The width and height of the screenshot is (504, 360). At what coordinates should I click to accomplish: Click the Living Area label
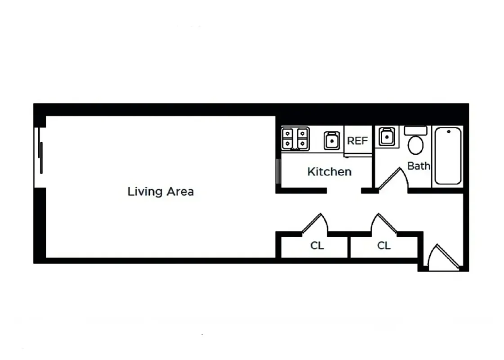[161, 192]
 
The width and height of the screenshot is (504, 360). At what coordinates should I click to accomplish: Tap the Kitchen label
[329, 172]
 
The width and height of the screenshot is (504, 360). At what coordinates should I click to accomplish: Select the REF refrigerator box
[357, 141]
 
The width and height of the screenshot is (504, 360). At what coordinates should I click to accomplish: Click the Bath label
[419, 166]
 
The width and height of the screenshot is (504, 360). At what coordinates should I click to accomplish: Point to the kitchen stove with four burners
[295, 139]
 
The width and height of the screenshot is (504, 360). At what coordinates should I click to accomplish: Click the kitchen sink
[332, 140]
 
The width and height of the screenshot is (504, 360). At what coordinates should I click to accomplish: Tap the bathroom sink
[387, 136]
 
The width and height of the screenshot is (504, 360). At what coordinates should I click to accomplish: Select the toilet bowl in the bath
[415, 145]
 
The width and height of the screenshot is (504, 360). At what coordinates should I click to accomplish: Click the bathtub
[447, 156]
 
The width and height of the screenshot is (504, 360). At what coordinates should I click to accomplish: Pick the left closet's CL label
[317, 246]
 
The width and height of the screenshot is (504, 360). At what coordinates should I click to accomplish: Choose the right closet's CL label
[384, 246]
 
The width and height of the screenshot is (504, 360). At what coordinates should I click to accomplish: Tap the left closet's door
[315, 224]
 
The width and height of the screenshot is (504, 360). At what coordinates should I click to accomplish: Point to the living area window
[40, 157]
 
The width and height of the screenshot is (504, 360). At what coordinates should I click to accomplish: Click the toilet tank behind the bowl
[415, 130]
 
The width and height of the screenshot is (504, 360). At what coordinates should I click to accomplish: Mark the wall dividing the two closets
[348, 246]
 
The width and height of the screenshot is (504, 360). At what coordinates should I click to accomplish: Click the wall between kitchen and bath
[373, 157]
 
